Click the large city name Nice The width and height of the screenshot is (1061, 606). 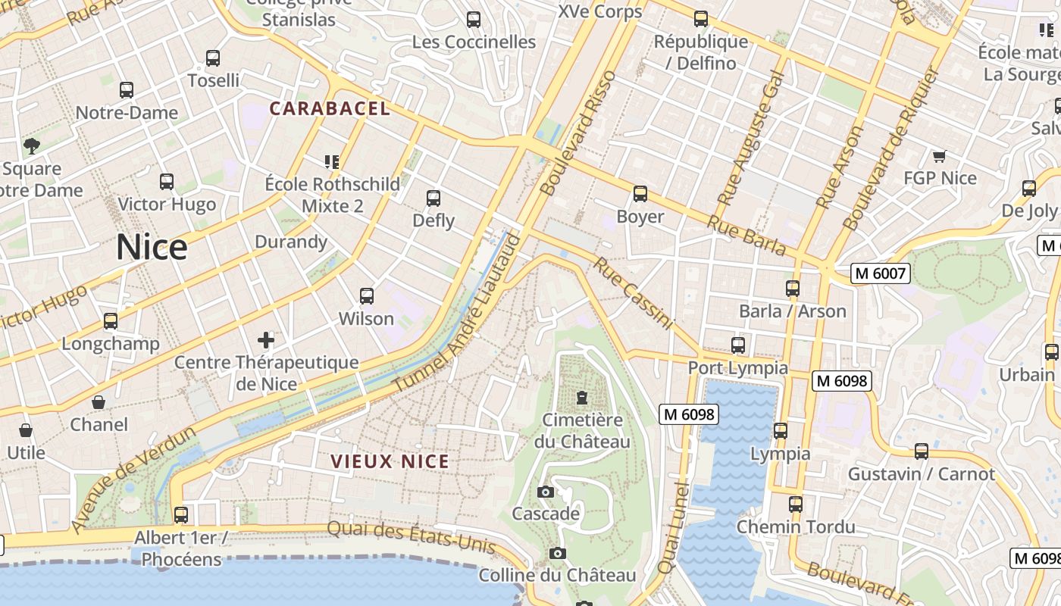[152, 248]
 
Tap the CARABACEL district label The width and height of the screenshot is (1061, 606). [330, 108]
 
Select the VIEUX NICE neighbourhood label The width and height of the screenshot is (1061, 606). [390, 461]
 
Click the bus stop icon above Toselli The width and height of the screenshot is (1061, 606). [213, 58]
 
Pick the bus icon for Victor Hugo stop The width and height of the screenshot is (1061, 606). [167, 182]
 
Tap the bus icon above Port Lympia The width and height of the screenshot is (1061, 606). [738, 345]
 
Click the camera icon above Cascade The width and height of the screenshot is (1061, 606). [545, 492]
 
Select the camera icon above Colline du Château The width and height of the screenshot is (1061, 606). [558, 554]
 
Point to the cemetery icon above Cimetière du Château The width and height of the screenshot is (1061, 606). [582, 397]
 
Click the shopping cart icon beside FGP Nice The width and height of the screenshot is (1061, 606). [940, 156]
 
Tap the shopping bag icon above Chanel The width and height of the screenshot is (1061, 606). [99, 402]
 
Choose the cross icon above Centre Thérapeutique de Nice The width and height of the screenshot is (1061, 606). [266, 339]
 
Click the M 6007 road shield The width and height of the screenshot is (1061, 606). [880, 273]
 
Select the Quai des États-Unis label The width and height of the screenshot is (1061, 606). [412, 537]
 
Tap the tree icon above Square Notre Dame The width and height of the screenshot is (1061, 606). [32, 145]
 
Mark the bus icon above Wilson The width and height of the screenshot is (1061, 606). [367, 296]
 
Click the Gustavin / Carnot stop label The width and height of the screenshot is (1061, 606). [921, 474]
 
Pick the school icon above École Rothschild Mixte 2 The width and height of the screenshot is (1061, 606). [331, 161]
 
